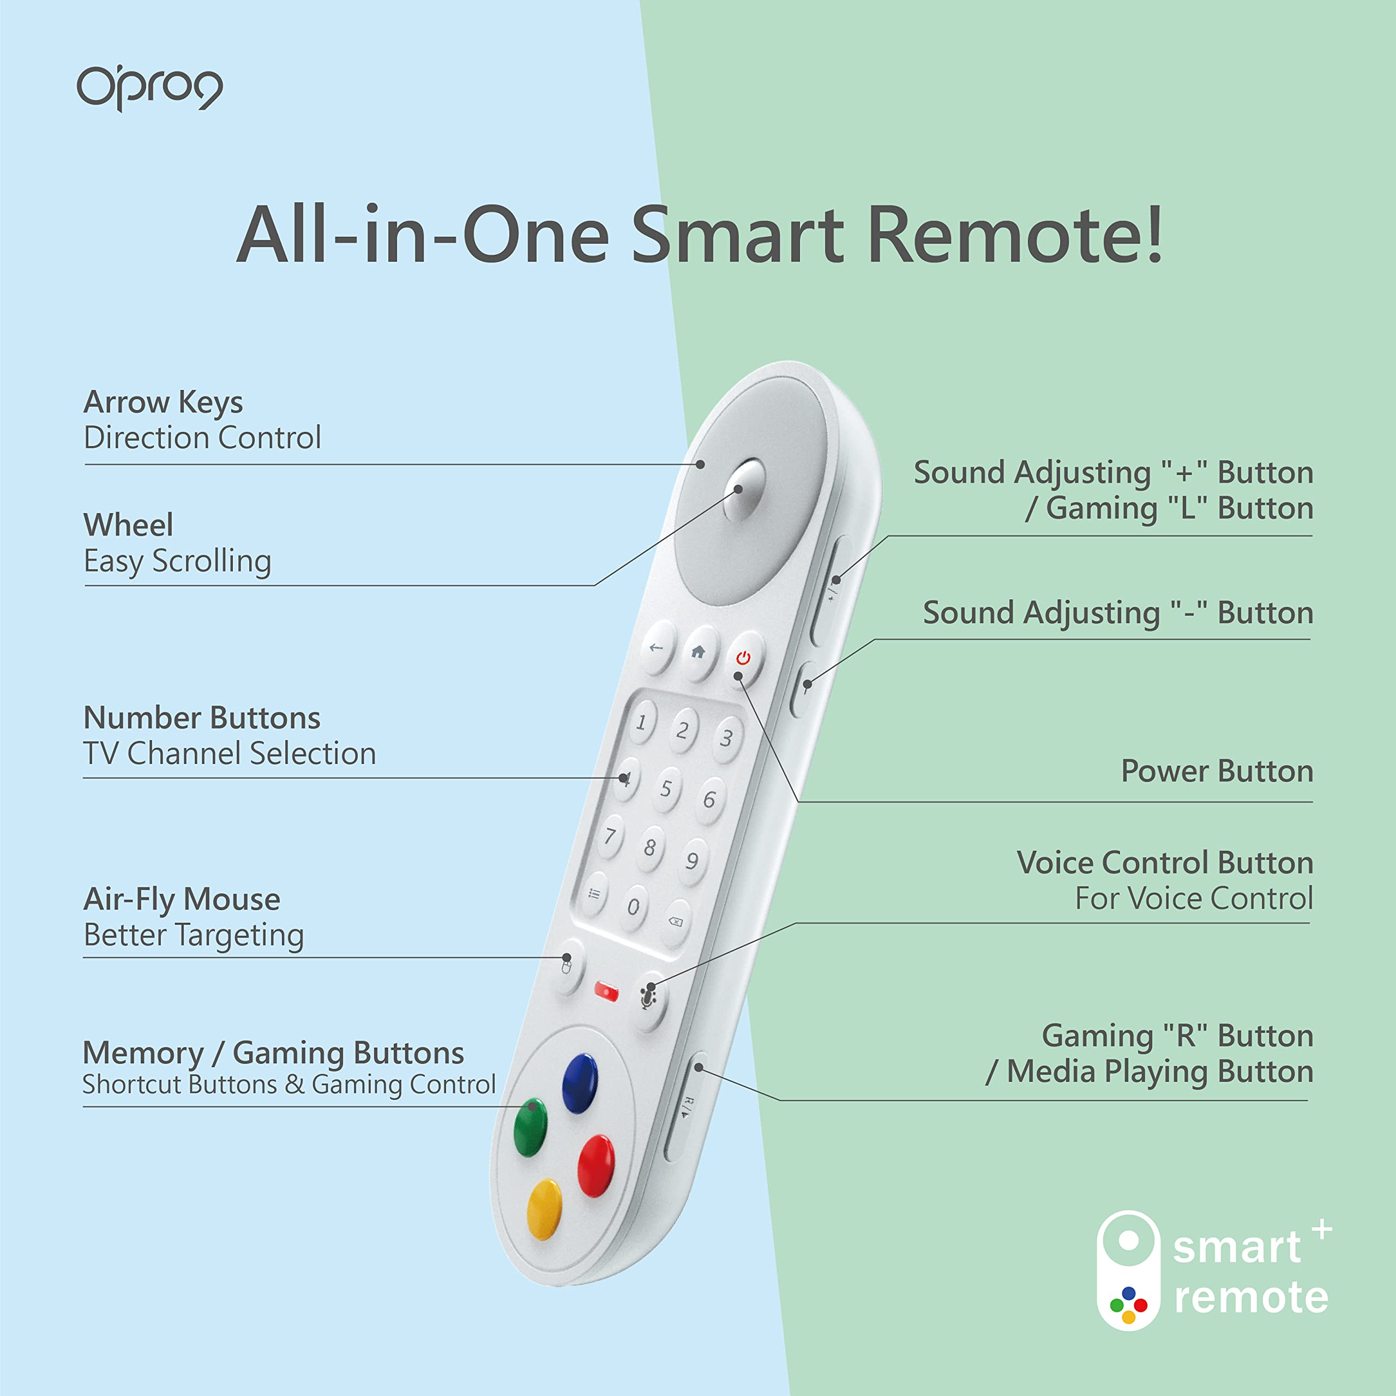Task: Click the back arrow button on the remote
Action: [x=657, y=648]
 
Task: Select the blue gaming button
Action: [x=580, y=1083]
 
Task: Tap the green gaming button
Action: [x=531, y=1128]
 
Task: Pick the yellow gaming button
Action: [x=544, y=1210]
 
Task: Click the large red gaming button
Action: [x=596, y=1165]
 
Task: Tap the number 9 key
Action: [x=692, y=861]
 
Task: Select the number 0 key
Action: [x=634, y=906]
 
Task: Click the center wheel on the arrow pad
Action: [x=743, y=489]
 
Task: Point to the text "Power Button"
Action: [x=1217, y=771]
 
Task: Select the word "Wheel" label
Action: [x=129, y=525]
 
